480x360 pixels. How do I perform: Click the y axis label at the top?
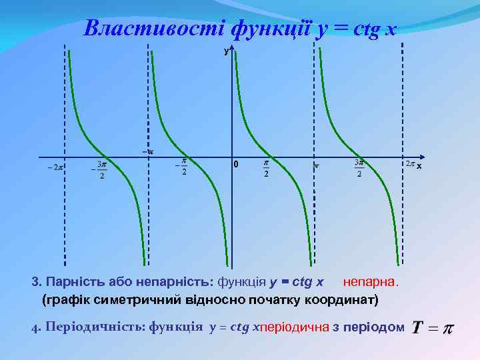(226, 51)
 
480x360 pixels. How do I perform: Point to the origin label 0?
(235, 165)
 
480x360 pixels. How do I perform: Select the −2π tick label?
(55, 167)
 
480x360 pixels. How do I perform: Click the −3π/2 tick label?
(99, 169)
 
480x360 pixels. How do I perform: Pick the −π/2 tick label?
(181, 167)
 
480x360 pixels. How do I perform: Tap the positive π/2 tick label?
(266, 168)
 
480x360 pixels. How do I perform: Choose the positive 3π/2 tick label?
(359, 168)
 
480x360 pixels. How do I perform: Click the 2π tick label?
(409, 163)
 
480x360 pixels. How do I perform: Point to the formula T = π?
(431, 327)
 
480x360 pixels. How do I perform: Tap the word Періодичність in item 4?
(94, 327)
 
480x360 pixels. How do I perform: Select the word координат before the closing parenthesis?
(342, 299)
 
